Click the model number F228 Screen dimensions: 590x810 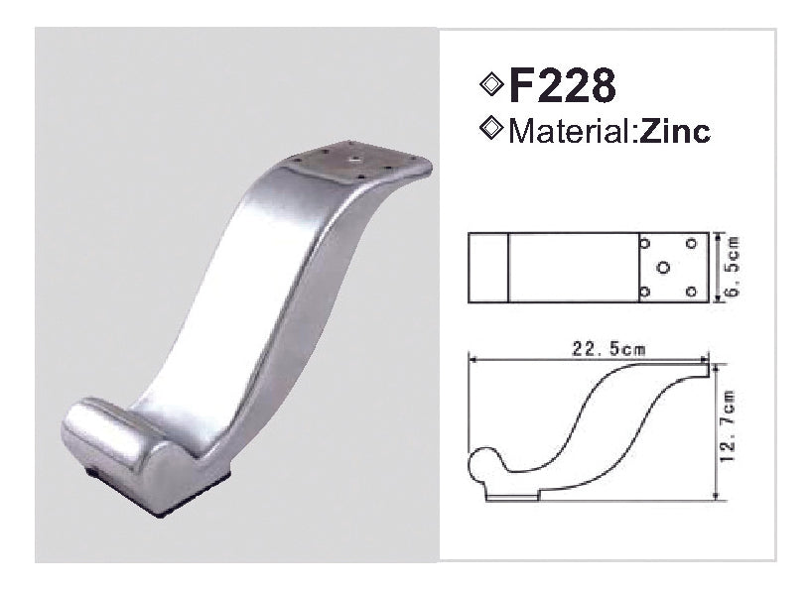tap(561, 86)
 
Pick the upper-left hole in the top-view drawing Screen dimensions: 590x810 tap(645, 243)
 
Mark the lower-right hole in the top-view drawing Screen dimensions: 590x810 tap(690, 292)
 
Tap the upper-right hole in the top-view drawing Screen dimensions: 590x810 tap(690, 243)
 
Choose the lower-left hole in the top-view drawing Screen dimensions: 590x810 tap(645, 292)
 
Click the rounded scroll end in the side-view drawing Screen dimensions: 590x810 tap(479, 462)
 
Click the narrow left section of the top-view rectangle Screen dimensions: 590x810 tap(488, 268)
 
